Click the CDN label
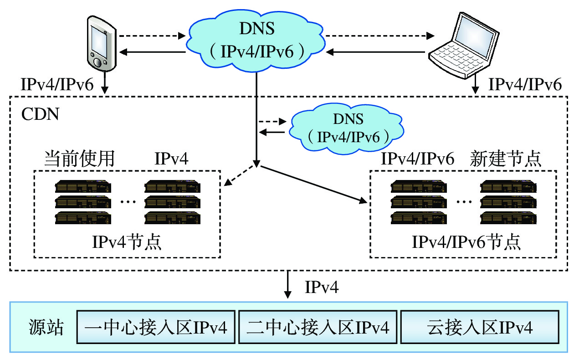coord(40,113)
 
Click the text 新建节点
coord(505,159)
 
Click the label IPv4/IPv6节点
coord(466,242)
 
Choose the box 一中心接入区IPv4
coord(156,328)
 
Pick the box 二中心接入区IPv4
coord(318,328)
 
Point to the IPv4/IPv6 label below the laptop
coord(524,84)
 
